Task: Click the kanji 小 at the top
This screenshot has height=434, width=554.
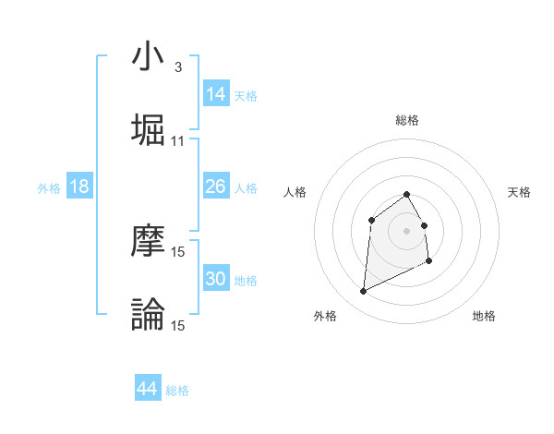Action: click(148, 57)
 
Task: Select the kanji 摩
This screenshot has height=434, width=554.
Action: click(148, 241)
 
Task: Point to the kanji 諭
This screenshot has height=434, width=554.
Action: click(148, 314)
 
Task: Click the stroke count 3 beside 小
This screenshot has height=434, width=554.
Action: click(177, 67)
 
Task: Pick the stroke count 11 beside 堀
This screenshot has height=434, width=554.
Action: click(178, 141)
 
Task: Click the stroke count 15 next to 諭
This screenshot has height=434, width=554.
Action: click(178, 325)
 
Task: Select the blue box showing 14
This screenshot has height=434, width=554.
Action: click(216, 93)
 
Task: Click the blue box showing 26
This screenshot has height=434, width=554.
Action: click(216, 187)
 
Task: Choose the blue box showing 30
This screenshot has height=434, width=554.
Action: click(216, 279)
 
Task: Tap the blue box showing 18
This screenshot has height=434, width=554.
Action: click(79, 187)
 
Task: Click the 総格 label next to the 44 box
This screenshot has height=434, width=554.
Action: click(177, 391)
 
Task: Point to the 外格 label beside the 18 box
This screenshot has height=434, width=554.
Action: click(49, 188)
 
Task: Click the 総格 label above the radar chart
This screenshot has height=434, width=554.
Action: click(406, 120)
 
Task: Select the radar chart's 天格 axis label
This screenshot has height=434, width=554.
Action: click(519, 192)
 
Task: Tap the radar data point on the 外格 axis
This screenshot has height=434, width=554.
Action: click(363, 292)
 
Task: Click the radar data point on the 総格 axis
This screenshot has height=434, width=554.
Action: click(406, 194)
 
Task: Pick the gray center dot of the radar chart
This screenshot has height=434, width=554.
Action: click(406, 230)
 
